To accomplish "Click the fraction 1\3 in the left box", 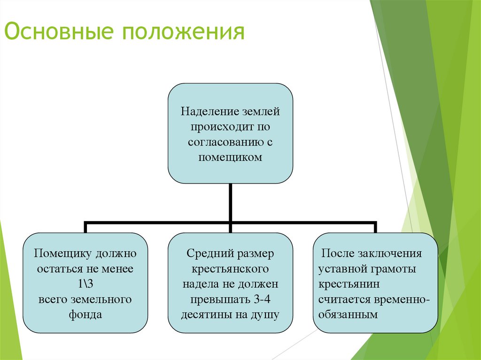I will [85, 284].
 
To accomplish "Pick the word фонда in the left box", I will [85, 314].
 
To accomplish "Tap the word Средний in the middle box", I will [207, 254].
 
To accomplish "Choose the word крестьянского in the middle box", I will [230, 269].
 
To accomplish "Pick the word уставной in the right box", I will [341, 269].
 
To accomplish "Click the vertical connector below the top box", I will [230, 202].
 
